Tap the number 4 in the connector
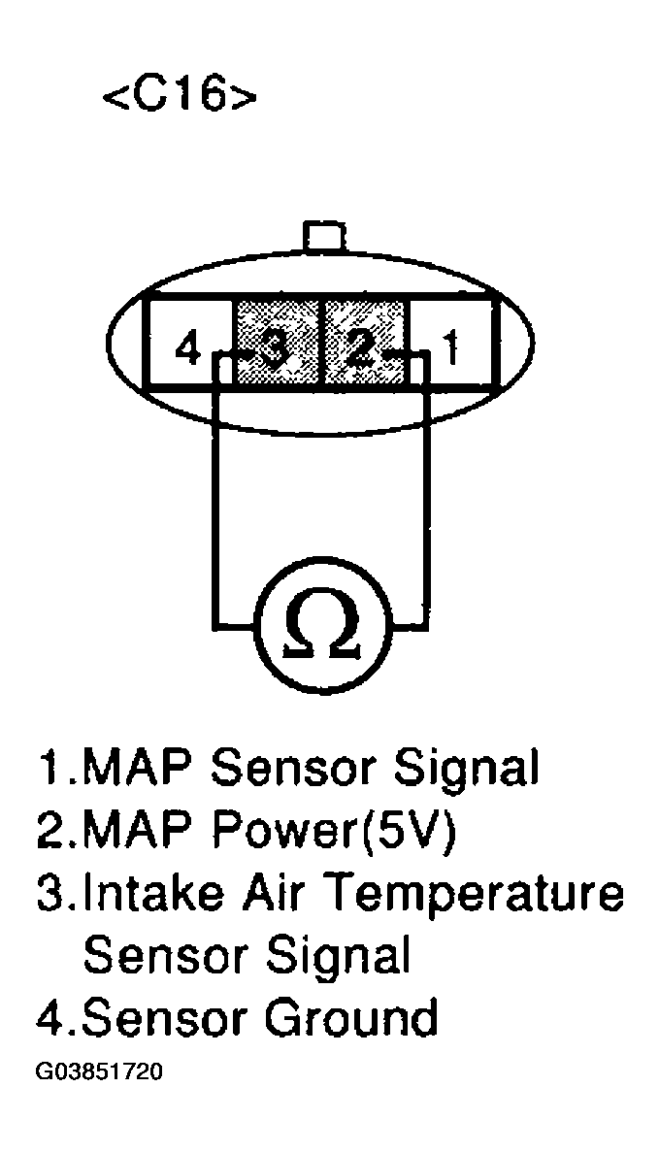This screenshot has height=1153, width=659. point(187,347)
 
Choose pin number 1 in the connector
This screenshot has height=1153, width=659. point(450,347)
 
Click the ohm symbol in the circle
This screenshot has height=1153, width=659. point(320,632)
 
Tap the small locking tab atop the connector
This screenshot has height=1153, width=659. point(324,236)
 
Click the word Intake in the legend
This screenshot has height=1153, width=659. point(145,893)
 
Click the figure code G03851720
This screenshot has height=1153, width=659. point(99,1073)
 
